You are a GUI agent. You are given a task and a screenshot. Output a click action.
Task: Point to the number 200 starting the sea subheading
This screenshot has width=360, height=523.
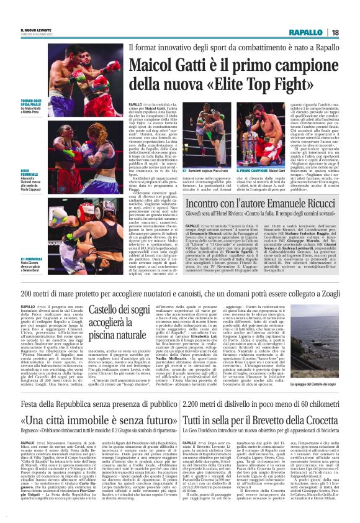coord(29,294)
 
